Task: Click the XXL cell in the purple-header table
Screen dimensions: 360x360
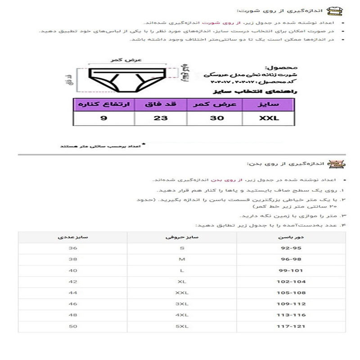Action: (x=269, y=118)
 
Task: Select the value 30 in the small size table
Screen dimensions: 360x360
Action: (x=215, y=118)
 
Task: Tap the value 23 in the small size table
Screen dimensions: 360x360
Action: (x=161, y=118)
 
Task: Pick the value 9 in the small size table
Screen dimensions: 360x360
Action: (x=103, y=118)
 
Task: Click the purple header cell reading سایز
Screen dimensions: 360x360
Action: (x=269, y=104)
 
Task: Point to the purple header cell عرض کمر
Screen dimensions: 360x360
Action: (x=215, y=104)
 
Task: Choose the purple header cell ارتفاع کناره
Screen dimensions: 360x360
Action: (x=104, y=104)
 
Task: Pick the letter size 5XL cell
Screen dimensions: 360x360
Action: (x=182, y=325)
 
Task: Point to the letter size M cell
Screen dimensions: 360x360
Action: (x=182, y=259)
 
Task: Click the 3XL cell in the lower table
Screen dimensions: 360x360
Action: (x=182, y=304)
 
